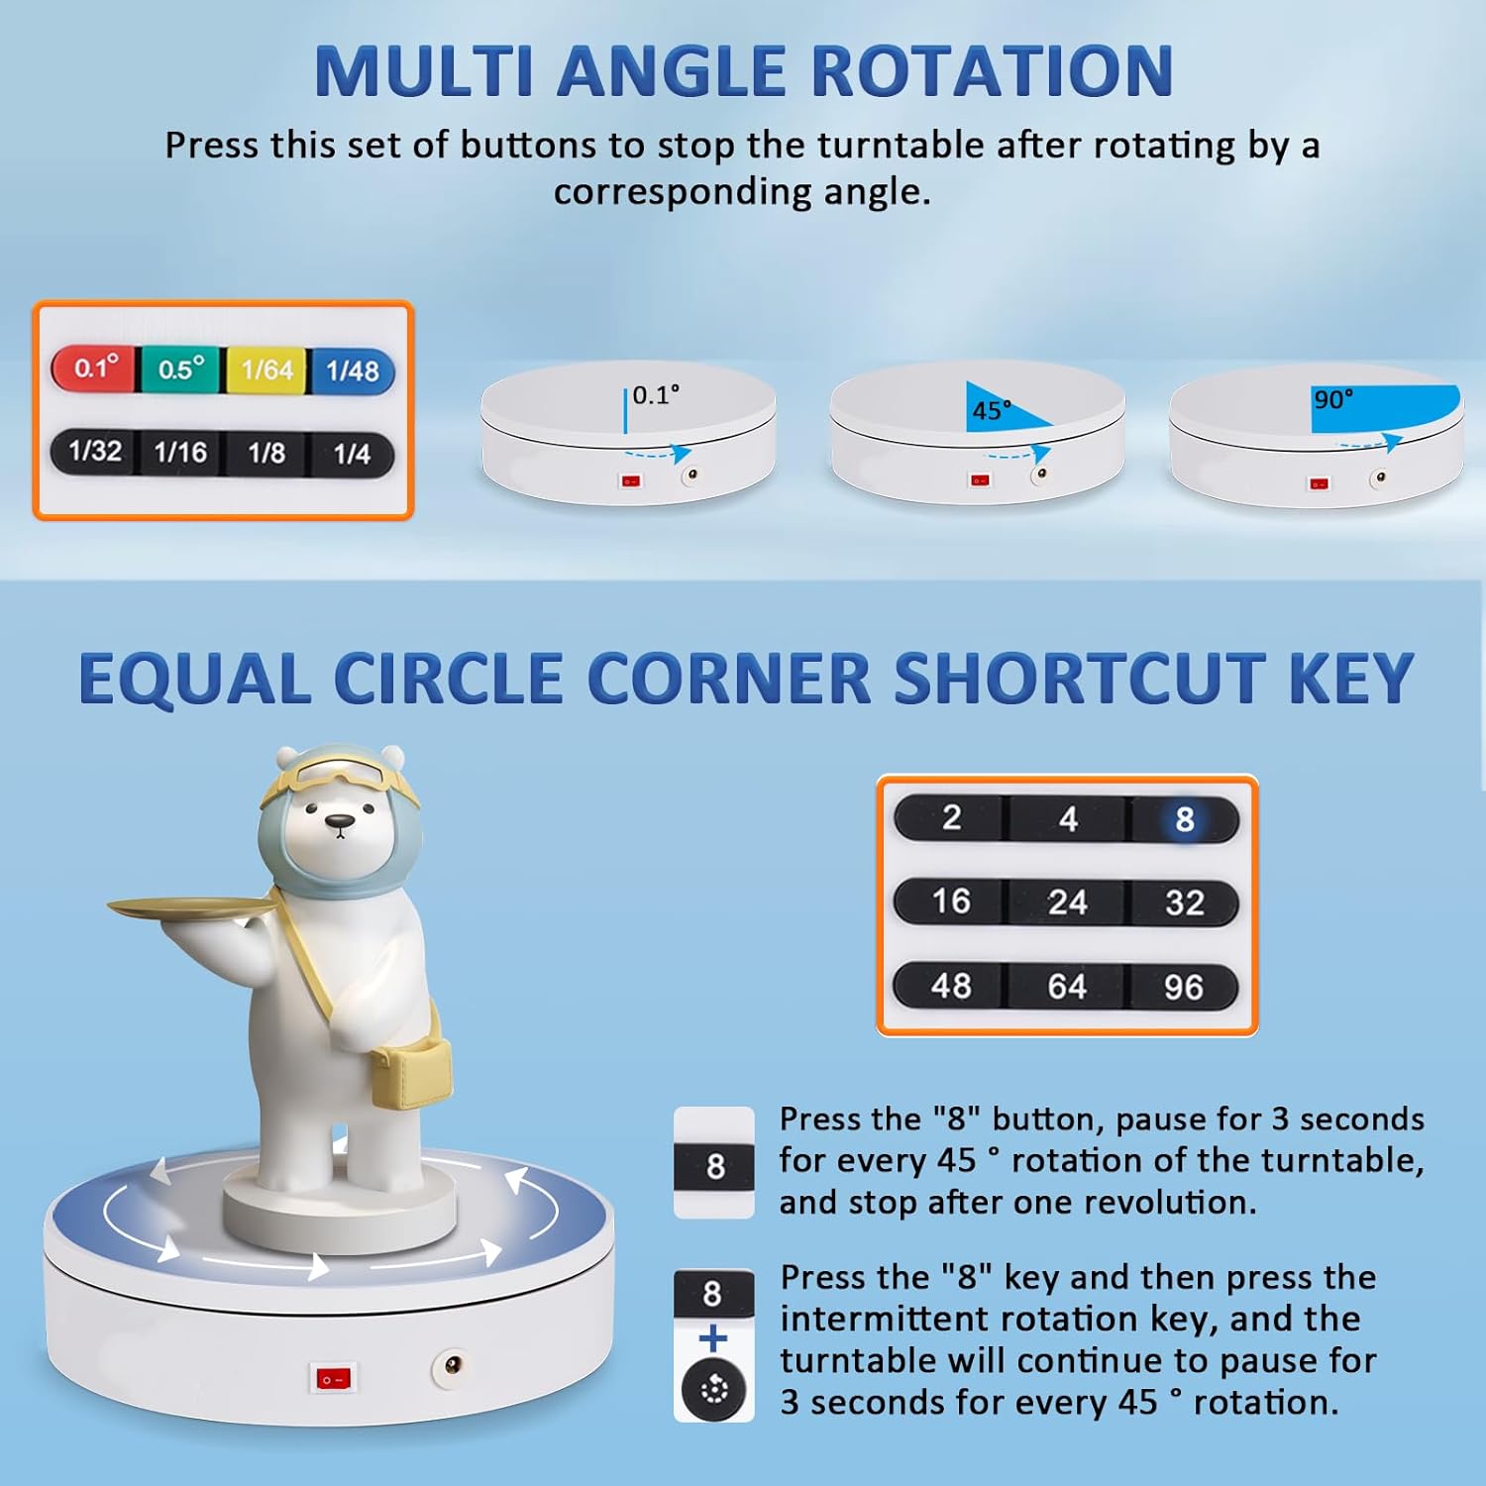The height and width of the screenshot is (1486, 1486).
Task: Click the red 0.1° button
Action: click(95, 369)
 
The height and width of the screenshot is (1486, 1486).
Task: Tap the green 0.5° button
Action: click(181, 370)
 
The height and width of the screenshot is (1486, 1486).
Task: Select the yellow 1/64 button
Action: click(267, 371)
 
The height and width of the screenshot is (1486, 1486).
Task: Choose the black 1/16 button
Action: click(180, 453)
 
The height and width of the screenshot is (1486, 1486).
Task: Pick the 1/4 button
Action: click(352, 455)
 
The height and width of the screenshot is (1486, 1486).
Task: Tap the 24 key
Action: click(1067, 902)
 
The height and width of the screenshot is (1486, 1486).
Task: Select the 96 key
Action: click(1184, 987)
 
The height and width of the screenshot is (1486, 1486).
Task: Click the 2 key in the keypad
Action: click(951, 817)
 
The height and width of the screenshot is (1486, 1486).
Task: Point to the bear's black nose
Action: click(340, 821)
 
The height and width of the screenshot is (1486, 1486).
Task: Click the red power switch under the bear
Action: click(333, 1378)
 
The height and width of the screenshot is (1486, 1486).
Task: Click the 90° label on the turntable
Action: click(1332, 399)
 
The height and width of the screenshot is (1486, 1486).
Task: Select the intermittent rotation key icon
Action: click(713, 1389)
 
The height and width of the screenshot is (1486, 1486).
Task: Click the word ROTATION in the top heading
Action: click(994, 71)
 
